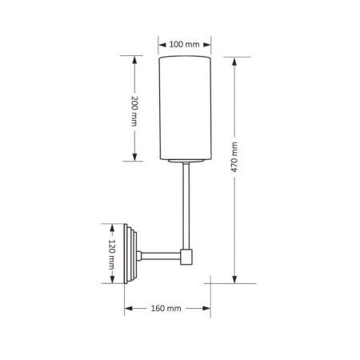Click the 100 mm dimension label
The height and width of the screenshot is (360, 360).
click(184, 44)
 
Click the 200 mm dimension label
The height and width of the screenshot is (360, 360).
click(134, 110)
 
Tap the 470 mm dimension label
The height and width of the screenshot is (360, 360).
click(234, 157)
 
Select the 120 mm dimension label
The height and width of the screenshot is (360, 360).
click(112, 254)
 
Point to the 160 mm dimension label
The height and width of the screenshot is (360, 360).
click(166, 308)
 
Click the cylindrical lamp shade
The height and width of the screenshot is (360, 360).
click(185, 108)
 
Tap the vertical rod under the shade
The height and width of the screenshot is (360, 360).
click(186, 206)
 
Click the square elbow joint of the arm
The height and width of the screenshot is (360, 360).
click(186, 257)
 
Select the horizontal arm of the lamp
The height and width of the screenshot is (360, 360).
click(161, 256)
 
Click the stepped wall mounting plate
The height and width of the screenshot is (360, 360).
click(130, 254)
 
